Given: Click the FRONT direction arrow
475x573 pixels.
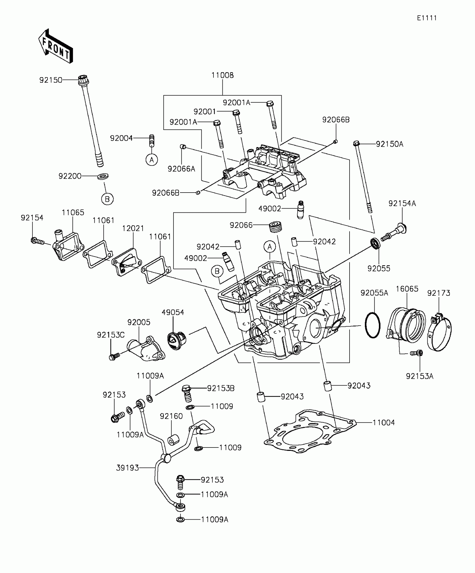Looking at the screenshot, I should click(56, 46).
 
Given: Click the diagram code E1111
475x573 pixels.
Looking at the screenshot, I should click(427, 18).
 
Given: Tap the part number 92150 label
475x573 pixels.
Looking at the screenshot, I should click(51, 80).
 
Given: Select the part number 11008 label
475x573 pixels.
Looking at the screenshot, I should click(222, 75).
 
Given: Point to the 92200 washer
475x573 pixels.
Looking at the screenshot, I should click(103, 176).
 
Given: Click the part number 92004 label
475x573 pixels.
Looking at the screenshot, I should click(121, 138).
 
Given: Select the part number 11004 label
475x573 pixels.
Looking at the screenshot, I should click(384, 422).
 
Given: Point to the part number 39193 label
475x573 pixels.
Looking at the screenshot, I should click(127, 468).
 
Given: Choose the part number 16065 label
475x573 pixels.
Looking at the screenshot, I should click(407, 289).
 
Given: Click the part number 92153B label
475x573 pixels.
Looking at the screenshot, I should click(221, 388).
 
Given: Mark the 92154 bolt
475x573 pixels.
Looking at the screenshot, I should click(37, 241).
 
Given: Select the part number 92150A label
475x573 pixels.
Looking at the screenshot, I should click(389, 144).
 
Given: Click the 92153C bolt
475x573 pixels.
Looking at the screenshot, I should click(114, 357).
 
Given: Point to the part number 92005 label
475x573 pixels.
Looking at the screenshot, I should click(139, 322).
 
